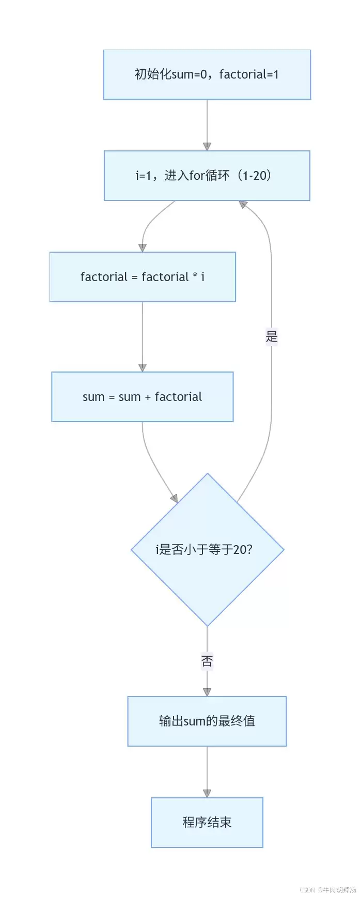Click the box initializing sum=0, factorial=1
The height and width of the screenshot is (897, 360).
pyautogui.click(x=207, y=74)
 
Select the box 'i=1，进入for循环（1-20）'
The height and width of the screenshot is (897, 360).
pyautogui.click(x=207, y=176)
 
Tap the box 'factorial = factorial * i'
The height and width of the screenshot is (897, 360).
pyautogui.click(x=143, y=277)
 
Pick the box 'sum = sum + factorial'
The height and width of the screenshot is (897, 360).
pyautogui.click(x=143, y=397)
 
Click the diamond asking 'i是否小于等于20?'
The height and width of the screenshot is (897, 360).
pyautogui.click(x=207, y=550)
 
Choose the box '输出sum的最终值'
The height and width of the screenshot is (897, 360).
pyautogui.click(x=207, y=721)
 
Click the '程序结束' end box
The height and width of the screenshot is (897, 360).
pyautogui.click(x=207, y=823)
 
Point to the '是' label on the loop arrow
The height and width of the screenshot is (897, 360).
pyautogui.click(x=272, y=337)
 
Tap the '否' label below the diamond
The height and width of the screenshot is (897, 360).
pyautogui.click(x=207, y=661)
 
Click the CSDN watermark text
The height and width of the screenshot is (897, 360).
pyautogui.click(x=328, y=890)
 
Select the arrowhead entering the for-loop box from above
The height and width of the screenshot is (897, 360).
pyautogui.click(x=207, y=147)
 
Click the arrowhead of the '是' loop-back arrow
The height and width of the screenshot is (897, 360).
pyautogui.click(x=243, y=205)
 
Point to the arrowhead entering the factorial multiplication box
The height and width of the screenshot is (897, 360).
pyautogui.click(x=143, y=248)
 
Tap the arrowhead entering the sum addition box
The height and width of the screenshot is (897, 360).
pyautogui.click(x=143, y=368)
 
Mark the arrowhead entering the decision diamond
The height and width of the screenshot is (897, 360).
pyautogui.click(x=175, y=499)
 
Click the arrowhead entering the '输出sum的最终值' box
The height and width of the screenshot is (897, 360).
pyautogui.click(x=207, y=692)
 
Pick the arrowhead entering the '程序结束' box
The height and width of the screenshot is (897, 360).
pyautogui.click(x=207, y=794)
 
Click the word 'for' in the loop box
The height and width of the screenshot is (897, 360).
pyautogui.click(x=197, y=176)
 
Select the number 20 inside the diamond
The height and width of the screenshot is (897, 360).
pyautogui.click(x=240, y=550)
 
